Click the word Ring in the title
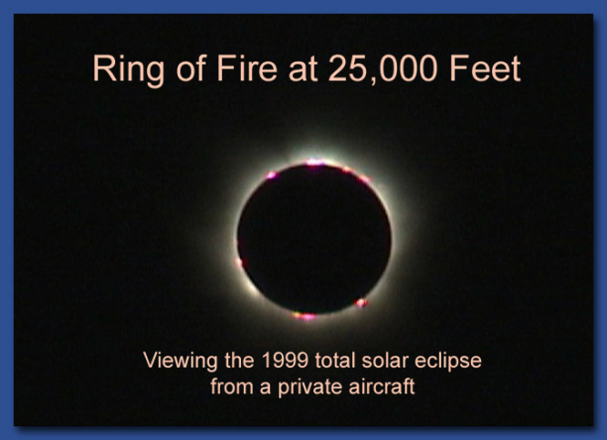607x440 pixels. pos(128,69)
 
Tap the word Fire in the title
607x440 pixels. pos(246,68)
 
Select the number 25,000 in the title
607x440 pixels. pos(382,68)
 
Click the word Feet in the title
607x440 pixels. pos(485,68)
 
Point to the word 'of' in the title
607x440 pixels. pos(190,68)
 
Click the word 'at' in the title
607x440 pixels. pos(303,70)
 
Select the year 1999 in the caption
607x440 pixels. pos(285,361)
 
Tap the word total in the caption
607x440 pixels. pos(335,361)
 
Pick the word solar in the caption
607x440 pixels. pos(385,361)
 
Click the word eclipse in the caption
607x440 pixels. pos(448,361)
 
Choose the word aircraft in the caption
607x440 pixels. pos(382,386)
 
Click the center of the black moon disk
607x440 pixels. pos(314,239)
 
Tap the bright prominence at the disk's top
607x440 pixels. pos(316,162)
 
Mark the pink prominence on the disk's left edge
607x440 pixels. pos(239,262)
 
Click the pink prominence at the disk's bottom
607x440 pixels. pos(305,316)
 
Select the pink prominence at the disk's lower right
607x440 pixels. pos(361,303)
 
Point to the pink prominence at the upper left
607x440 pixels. pos(271,175)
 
